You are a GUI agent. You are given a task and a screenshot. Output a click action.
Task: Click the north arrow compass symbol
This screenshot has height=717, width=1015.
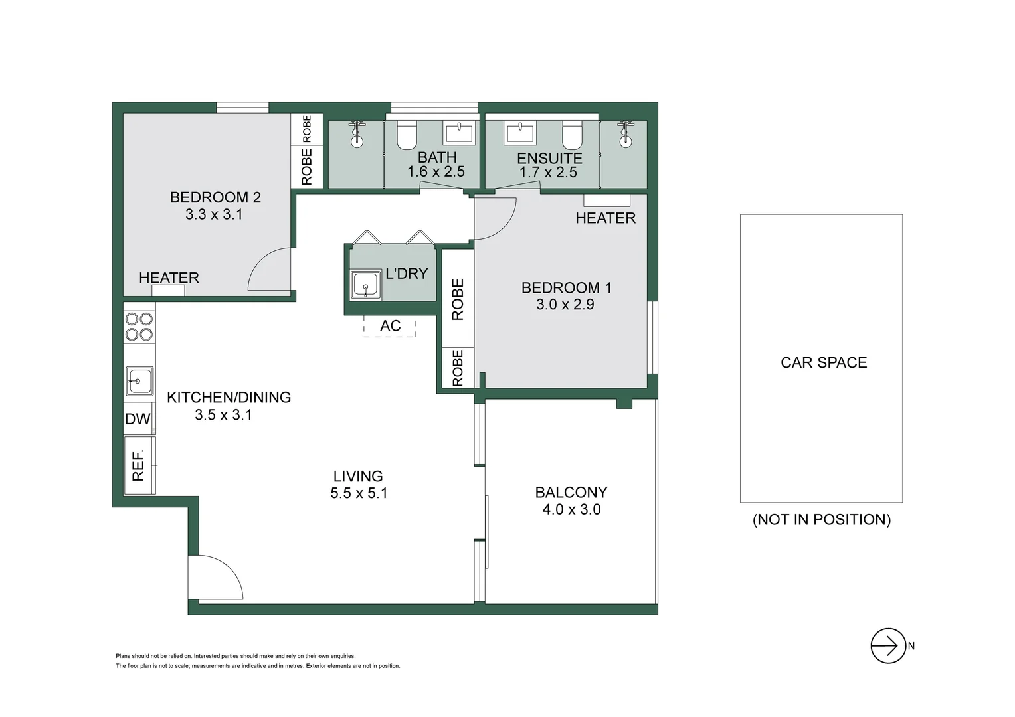888,645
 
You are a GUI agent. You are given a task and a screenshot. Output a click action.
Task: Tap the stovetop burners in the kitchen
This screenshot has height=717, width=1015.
139,327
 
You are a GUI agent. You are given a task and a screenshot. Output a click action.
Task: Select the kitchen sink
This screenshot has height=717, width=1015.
139,381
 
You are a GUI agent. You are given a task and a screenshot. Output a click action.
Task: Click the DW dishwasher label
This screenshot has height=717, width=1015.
138,419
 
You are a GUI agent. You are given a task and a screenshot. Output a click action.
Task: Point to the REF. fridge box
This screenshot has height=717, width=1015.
139,465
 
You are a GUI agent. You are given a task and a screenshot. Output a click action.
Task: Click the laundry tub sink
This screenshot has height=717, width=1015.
365,285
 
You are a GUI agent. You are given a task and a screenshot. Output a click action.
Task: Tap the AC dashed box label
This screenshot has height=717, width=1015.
390,326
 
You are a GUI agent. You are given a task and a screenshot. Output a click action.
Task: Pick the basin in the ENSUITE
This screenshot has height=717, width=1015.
520,133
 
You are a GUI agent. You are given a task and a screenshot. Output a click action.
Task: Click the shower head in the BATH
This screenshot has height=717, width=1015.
357,133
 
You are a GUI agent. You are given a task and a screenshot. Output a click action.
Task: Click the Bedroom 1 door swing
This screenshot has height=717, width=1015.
495,219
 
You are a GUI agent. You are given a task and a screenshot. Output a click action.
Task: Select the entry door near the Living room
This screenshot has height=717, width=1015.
214,578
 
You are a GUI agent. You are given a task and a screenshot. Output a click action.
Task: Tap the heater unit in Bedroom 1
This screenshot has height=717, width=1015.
606,200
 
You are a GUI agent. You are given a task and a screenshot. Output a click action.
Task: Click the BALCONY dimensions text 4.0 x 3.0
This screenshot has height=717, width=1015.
571,509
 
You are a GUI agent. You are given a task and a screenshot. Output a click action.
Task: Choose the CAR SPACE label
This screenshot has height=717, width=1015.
824,362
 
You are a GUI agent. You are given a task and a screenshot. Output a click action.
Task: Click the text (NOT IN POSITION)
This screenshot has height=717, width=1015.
822,519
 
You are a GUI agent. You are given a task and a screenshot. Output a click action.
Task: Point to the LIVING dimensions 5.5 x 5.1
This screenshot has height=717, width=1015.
359,493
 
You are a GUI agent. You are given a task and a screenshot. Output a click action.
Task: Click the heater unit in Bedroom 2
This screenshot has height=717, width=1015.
168,291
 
